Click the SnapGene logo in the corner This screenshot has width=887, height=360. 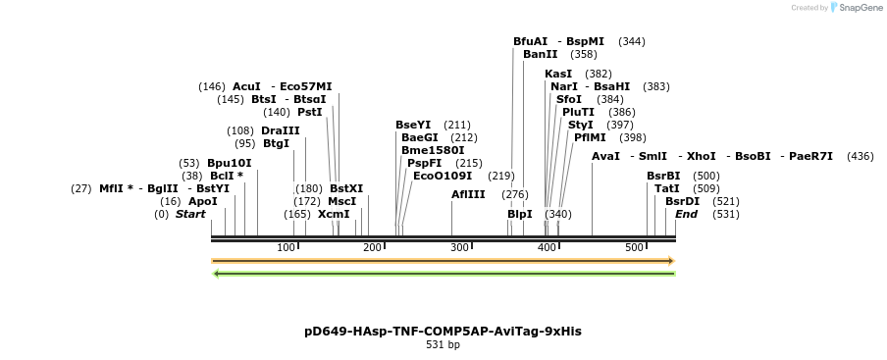click(855, 8)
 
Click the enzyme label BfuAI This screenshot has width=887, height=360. click(530, 42)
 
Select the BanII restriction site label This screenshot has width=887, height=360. click(540, 55)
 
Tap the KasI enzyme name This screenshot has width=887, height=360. click(558, 74)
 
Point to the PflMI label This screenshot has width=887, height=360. click(590, 137)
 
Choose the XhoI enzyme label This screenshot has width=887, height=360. click(702, 156)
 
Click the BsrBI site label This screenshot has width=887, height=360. click(663, 176)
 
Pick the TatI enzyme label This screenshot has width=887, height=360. click(666, 188)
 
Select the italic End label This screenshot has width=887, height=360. click(686, 214)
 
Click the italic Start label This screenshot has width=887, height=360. click(190, 214)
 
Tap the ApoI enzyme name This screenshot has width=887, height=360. click(203, 201)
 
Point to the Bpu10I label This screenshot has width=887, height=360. click(229, 163)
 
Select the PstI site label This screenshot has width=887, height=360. click(310, 112)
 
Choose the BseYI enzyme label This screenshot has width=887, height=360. click(413, 125)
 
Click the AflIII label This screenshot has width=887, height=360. click(468, 194)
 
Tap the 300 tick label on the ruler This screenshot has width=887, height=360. click(459, 247)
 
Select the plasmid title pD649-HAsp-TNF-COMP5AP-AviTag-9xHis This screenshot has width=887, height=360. click(443, 332)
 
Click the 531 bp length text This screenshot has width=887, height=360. click(443, 345)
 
